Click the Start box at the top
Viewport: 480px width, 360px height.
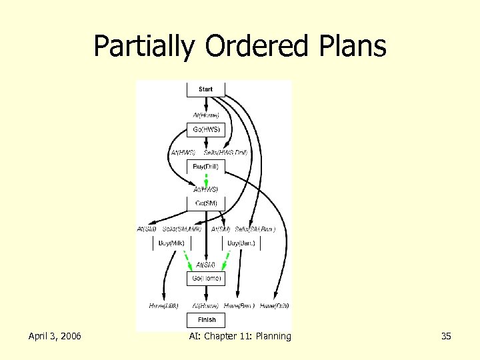pyautogui.click(x=206, y=89)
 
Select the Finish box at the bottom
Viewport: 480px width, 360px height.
pyautogui.click(x=206, y=320)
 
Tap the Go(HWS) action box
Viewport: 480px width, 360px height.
pyautogui.click(x=206, y=129)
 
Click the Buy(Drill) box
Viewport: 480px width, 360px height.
pyautogui.click(x=206, y=166)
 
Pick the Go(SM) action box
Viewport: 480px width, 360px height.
pyautogui.click(x=206, y=203)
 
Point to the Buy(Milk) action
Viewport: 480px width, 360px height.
pyautogui.click(x=171, y=243)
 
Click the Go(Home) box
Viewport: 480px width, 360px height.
pyautogui.click(x=206, y=278)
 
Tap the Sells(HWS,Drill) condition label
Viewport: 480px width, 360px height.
pyautogui.click(x=225, y=153)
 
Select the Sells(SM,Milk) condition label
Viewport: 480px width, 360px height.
pyautogui.click(x=182, y=229)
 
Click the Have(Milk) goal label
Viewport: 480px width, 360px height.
pyautogui.click(x=164, y=305)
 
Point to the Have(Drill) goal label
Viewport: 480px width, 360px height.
pyautogui.click(x=275, y=305)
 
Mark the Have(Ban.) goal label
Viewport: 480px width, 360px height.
pyautogui.click(x=239, y=305)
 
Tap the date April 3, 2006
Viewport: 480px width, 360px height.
pyautogui.click(x=55, y=336)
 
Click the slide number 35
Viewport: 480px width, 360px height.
pyautogui.click(x=446, y=336)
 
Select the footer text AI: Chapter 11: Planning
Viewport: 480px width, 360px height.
pyautogui.click(x=240, y=336)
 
